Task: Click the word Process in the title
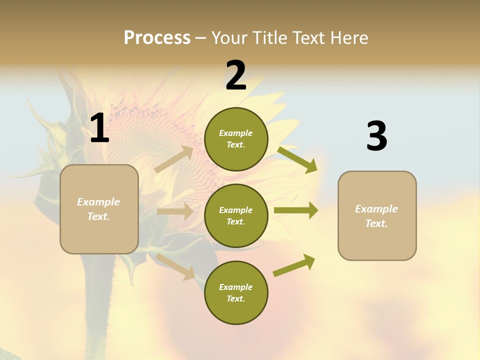pyautogui.click(x=157, y=37)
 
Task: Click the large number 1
pyautogui.click(x=99, y=128)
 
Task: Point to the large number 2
pyautogui.click(x=236, y=75)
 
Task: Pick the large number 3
pyautogui.click(x=376, y=136)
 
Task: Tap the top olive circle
pyautogui.click(x=236, y=139)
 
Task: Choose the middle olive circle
pyautogui.click(x=236, y=215)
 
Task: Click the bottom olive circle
pyautogui.click(x=236, y=292)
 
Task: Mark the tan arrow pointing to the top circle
pyautogui.click(x=174, y=159)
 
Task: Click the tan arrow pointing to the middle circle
pyautogui.click(x=175, y=211)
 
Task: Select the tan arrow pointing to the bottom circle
pyautogui.click(x=175, y=266)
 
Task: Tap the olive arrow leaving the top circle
pyautogui.click(x=297, y=159)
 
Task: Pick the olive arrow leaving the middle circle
pyautogui.click(x=295, y=210)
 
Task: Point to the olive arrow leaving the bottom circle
pyautogui.click(x=294, y=265)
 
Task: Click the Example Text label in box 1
pyautogui.click(x=98, y=209)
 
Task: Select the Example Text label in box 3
pyautogui.click(x=376, y=216)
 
